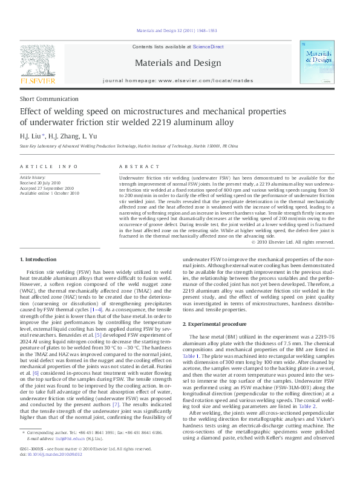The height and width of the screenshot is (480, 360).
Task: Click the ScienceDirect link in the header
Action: (x=208, y=47)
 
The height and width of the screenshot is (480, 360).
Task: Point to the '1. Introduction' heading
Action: (x=38, y=259)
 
